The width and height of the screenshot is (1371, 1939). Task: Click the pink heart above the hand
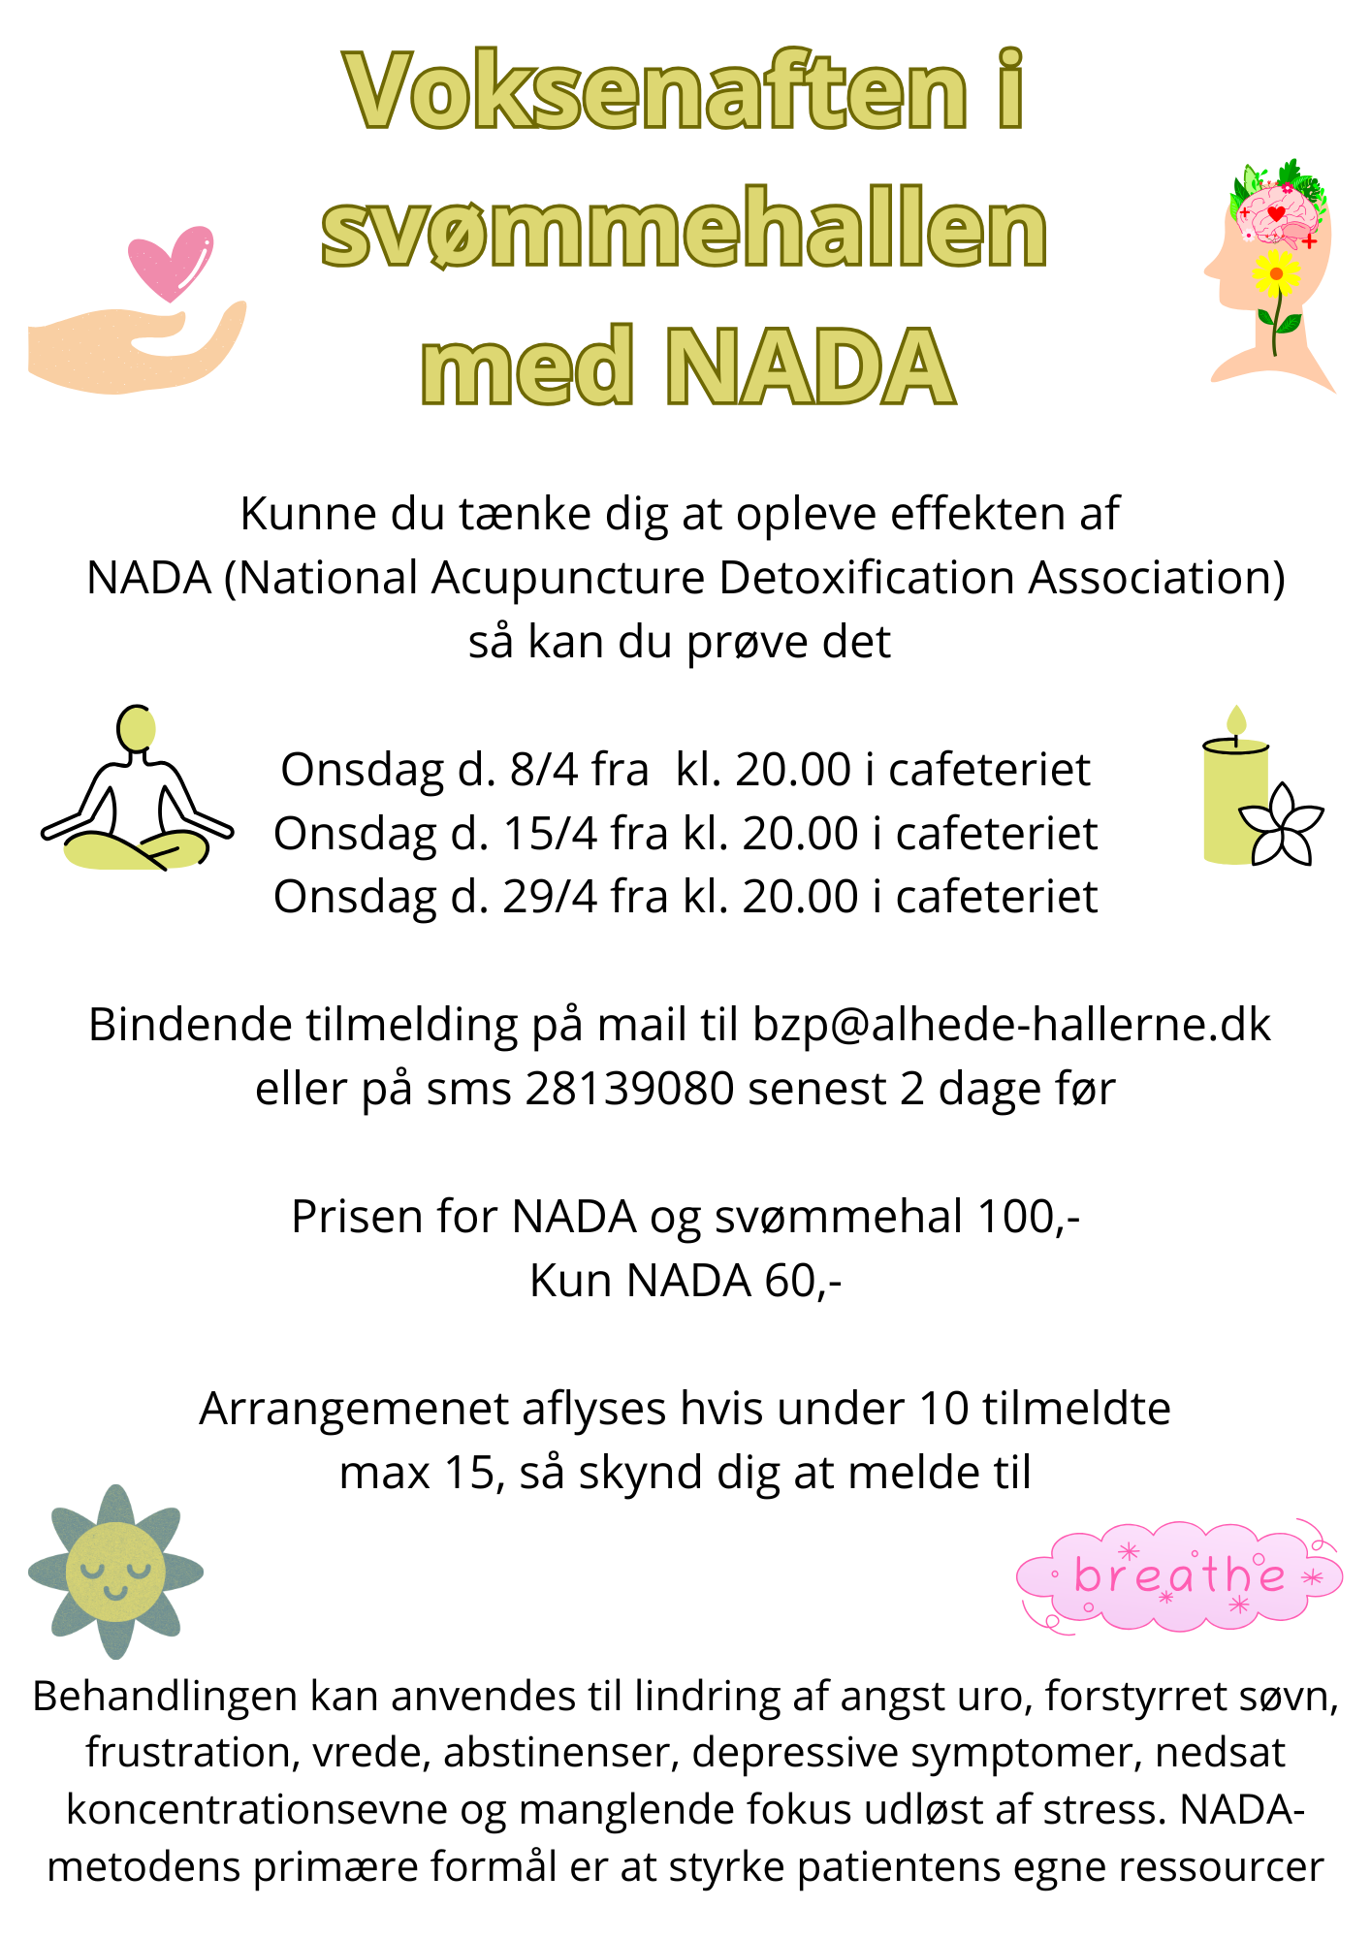pyautogui.click(x=171, y=262)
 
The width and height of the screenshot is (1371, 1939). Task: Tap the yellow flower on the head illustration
pyautogui.click(x=1276, y=273)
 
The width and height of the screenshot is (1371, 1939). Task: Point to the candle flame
pyautogui.click(x=1235, y=720)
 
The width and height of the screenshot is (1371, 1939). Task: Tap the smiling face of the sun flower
pyautogui.click(x=115, y=1572)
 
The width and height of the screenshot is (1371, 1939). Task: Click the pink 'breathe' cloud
pyautogui.click(x=1179, y=1575)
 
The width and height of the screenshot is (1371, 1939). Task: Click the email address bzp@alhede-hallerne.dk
pyautogui.click(x=1010, y=1025)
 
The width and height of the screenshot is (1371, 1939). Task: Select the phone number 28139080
pyautogui.click(x=630, y=1089)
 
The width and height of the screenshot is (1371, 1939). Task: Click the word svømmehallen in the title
pyautogui.click(x=685, y=230)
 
